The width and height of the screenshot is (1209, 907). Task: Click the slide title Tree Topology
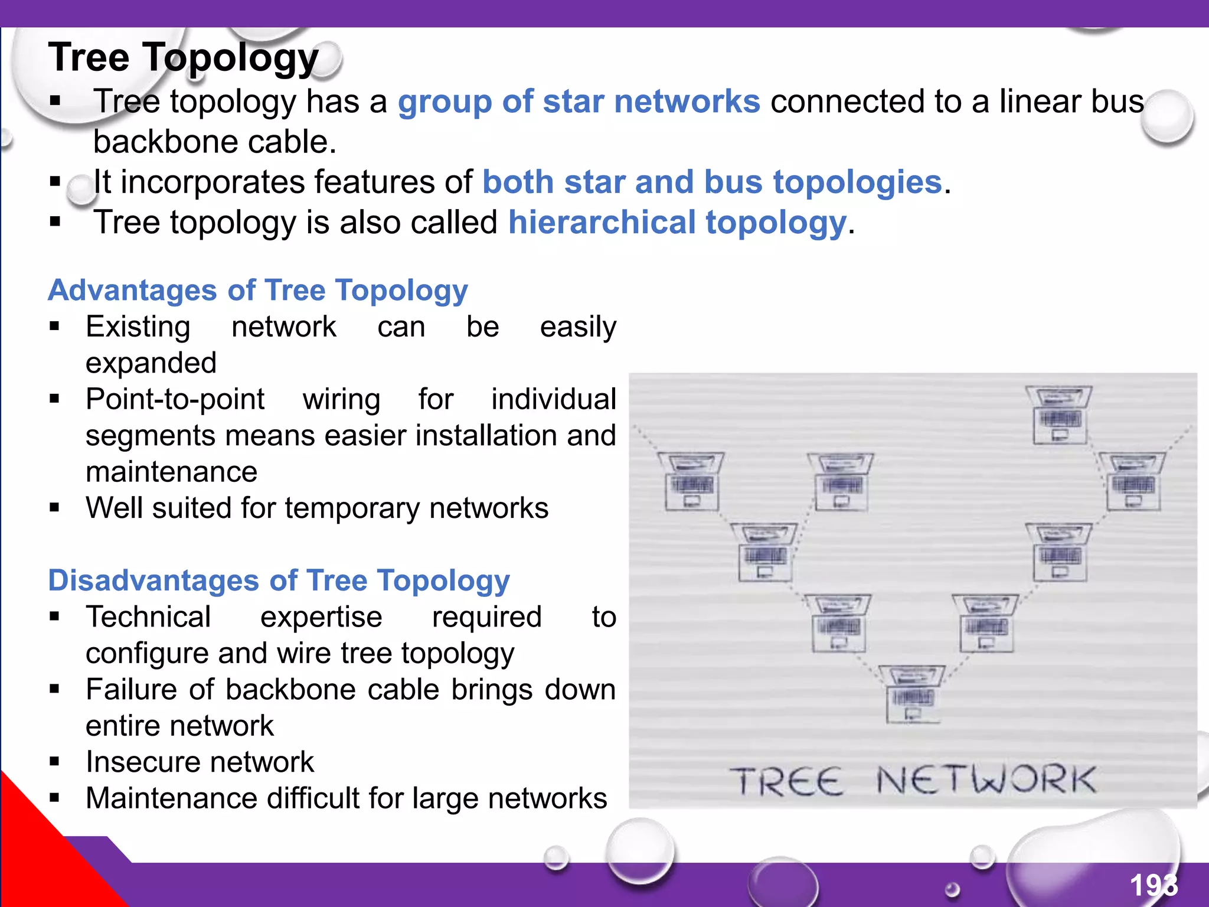click(183, 58)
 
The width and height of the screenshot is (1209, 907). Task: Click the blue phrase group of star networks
click(579, 101)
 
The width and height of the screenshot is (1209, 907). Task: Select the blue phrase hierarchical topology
click(677, 223)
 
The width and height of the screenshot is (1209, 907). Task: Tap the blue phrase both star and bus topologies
click(712, 182)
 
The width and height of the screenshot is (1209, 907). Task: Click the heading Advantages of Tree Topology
click(258, 290)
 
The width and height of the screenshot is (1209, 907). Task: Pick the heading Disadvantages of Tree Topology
click(279, 580)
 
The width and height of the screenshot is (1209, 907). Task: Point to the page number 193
click(1153, 885)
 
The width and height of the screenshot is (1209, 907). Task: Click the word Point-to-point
click(175, 399)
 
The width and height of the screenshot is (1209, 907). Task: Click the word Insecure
click(148, 762)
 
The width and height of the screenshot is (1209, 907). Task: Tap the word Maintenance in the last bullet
click(171, 798)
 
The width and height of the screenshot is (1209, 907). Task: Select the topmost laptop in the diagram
click(1059, 415)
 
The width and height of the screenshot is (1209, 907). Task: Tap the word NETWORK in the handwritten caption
click(986, 781)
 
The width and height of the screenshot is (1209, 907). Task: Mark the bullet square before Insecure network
click(55, 762)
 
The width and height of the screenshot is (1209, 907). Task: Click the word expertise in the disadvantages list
click(321, 617)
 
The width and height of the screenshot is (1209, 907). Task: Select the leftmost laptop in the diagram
click(691, 482)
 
